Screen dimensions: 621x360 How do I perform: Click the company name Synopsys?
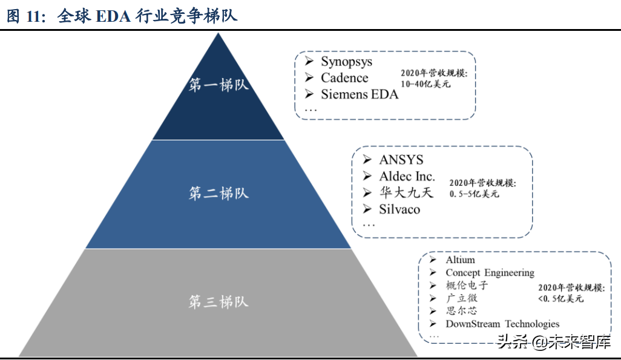coord(346,62)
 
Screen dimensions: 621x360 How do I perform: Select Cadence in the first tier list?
coord(344,78)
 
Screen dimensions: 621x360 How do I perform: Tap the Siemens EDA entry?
coord(360,94)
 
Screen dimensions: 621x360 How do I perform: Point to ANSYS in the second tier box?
coord(401,160)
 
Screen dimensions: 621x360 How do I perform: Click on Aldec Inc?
coord(407,177)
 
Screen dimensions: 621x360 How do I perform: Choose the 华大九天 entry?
coord(407,193)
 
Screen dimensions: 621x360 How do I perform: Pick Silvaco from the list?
coord(399,209)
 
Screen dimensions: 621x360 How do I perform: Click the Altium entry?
coord(460,260)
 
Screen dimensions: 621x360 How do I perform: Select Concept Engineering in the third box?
coord(490,273)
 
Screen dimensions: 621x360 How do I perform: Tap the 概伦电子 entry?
coord(466,286)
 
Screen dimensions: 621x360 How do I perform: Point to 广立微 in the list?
coord(461,298)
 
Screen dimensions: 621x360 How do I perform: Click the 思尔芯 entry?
coord(461,311)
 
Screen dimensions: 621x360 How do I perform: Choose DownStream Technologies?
coord(502,324)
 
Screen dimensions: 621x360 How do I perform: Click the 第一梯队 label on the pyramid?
coord(218,85)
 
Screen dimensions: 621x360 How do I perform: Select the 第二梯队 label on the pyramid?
coord(218,194)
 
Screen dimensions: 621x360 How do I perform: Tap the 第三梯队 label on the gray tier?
coord(218,301)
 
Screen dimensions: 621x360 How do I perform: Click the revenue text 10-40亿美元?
coord(426,84)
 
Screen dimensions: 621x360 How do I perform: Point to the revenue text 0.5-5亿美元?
coord(474,194)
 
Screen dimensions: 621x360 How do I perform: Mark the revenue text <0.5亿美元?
coord(560,298)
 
